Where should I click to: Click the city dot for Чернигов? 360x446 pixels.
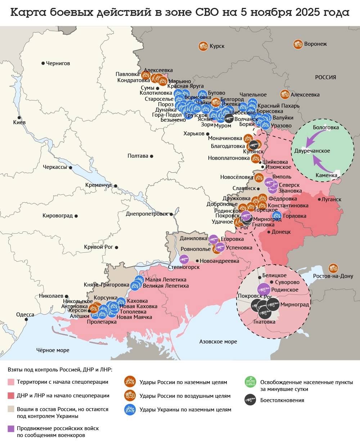[x=43, y=63]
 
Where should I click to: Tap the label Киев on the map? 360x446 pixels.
[x=19, y=122]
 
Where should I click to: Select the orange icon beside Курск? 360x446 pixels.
[x=203, y=46]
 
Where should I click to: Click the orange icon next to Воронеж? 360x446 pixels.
[x=298, y=44]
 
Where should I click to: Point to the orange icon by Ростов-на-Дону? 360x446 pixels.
[x=333, y=268]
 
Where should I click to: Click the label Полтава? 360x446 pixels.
[x=138, y=156]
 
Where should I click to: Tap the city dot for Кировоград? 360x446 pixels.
[x=76, y=216]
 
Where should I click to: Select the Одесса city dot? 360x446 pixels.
[x=26, y=319]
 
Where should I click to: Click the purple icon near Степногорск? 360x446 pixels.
[x=184, y=259]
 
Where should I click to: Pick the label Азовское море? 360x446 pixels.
[x=218, y=341]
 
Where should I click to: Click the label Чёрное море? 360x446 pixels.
[x=53, y=350]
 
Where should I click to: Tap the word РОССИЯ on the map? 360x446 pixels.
[x=325, y=77]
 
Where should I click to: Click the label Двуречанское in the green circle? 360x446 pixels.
[x=312, y=151]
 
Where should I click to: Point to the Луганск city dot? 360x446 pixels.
[x=319, y=199]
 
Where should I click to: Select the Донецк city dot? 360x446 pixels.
[x=269, y=232]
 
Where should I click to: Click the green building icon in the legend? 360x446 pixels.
[x=250, y=382]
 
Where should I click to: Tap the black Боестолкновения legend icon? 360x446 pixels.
[x=250, y=400]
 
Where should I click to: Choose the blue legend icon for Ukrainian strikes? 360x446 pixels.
[x=130, y=409]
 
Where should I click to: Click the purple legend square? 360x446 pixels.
[x=11, y=428]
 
